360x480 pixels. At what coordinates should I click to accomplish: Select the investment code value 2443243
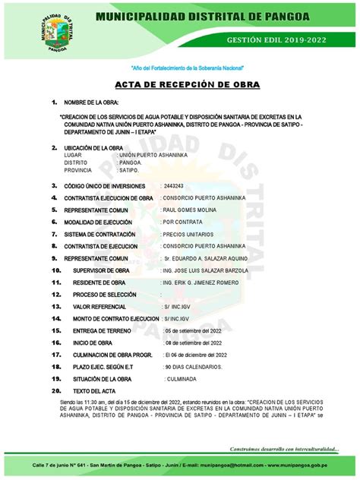173,185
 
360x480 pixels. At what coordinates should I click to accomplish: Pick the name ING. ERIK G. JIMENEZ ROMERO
200,282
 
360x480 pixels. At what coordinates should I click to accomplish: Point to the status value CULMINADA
184,379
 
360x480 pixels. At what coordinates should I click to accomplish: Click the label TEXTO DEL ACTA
94,391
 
